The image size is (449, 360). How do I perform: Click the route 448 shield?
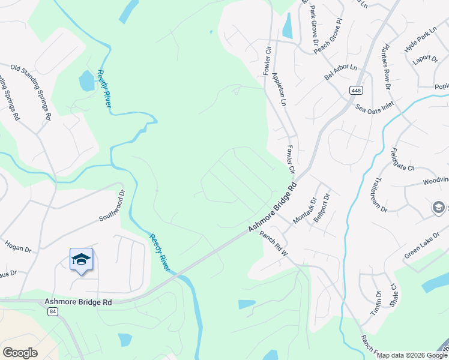coord(357,90)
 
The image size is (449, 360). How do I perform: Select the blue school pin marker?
coord(81,260)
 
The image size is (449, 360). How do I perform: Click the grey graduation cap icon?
coord(439,208)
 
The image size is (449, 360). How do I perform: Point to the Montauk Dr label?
coord(304,211)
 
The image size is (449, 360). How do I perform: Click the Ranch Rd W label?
coord(274,245)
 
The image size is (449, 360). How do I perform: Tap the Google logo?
coord(20,353)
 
